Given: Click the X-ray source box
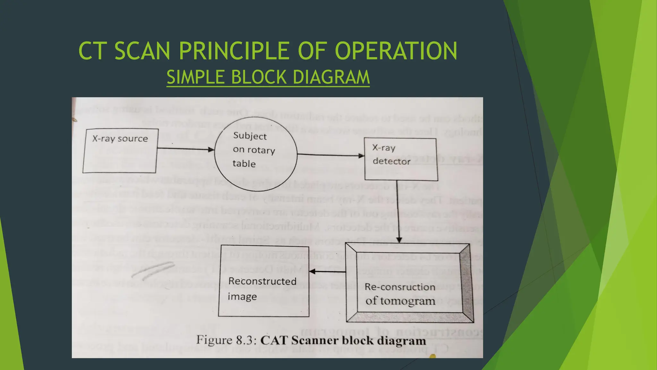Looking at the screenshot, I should [x=120, y=151].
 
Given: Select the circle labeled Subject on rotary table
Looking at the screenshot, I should [x=255, y=150].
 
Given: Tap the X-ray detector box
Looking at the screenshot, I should [x=401, y=159].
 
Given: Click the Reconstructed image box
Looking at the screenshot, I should [x=264, y=281].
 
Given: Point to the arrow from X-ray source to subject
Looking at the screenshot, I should [x=185, y=149].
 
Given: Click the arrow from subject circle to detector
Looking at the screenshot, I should [x=330, y=155].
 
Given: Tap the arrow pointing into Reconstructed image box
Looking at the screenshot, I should [x=327, y=272].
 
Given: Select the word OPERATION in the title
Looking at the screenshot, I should [x=396, y=51].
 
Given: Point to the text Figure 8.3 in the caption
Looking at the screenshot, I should [x=226, y=340].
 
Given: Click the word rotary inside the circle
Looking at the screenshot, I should [x=261, y=150].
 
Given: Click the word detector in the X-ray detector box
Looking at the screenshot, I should [x=391, y=161].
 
